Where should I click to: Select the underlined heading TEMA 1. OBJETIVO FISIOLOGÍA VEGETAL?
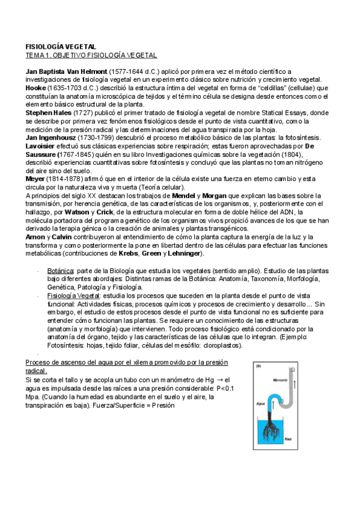(x=91, y=55)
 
